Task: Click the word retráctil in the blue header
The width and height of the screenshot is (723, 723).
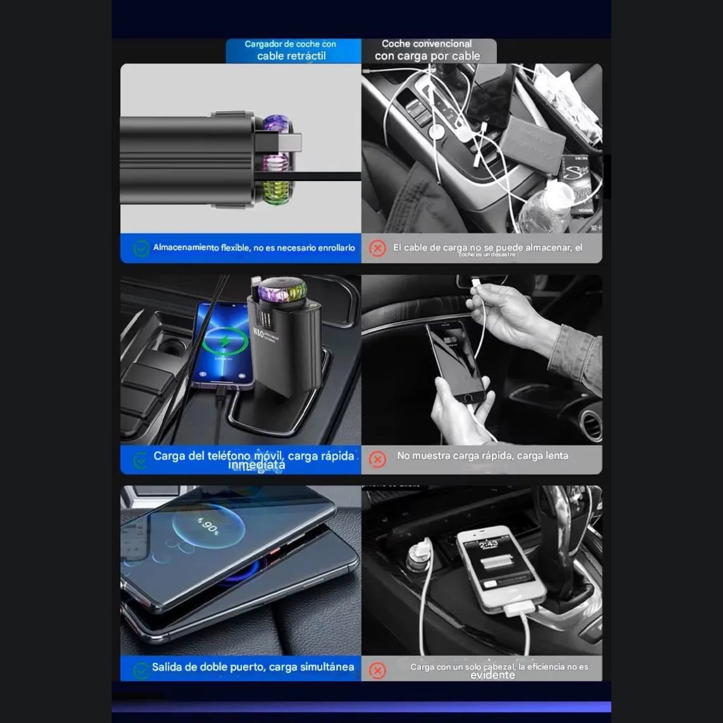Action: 307,56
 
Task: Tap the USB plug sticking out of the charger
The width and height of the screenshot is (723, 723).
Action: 290,143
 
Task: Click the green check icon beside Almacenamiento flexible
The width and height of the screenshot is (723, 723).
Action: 141,248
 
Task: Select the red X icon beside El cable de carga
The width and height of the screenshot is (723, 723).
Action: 377,248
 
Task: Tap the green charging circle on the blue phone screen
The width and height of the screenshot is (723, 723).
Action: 225,341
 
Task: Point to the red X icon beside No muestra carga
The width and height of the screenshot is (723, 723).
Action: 377,459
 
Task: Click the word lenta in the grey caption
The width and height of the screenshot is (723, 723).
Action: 558,456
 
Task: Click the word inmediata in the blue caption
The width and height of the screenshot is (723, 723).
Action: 257,465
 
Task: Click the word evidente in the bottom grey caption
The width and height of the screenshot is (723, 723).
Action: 492,675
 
